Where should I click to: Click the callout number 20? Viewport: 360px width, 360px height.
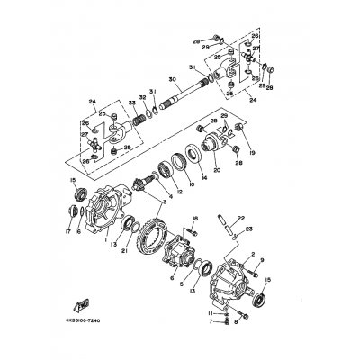tap(216, 170)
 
